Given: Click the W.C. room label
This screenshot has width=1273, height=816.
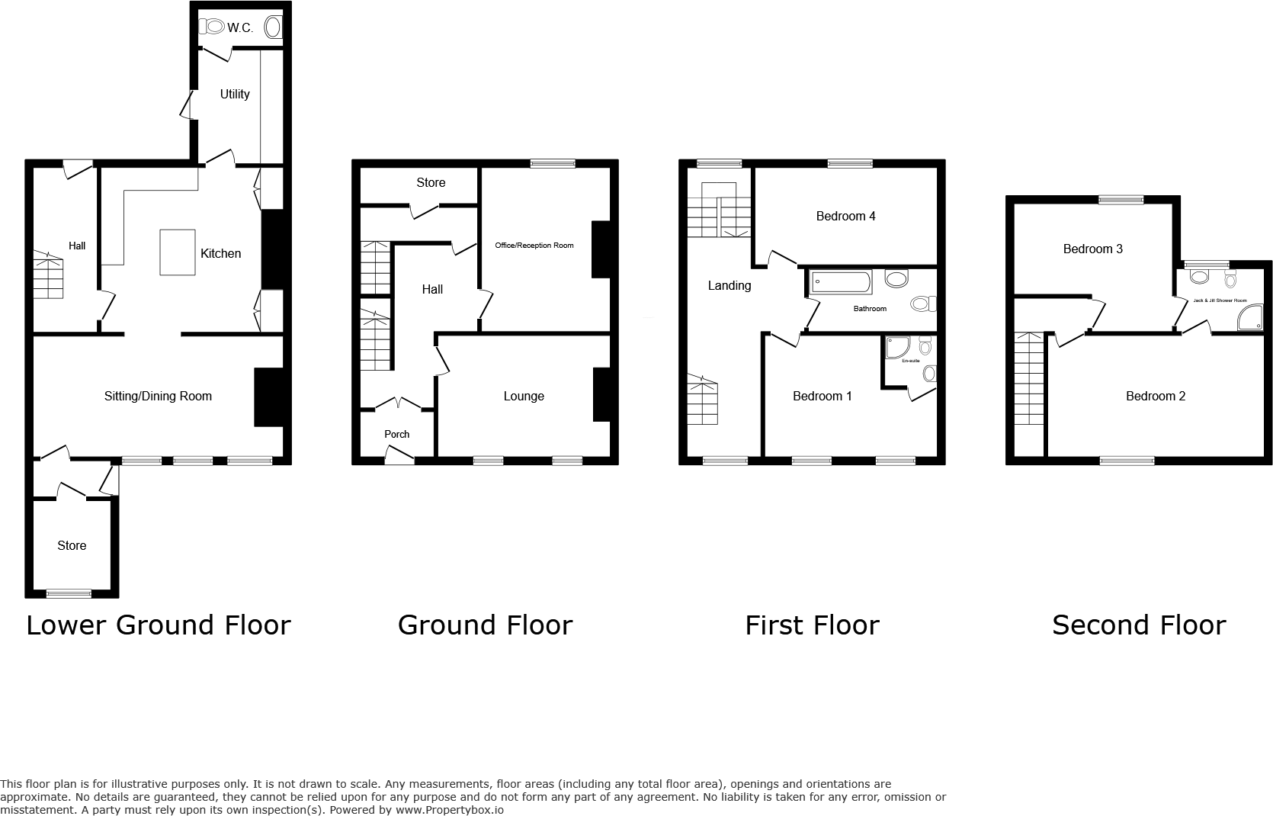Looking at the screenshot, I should (239, 28).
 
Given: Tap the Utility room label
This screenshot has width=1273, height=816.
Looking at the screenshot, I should (235, 94).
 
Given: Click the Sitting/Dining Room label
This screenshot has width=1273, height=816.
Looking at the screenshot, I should (158, 396).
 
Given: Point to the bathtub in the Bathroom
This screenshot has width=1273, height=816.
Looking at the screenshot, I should (840, 284).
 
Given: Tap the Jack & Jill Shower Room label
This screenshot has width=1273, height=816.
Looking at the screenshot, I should (1220, 300).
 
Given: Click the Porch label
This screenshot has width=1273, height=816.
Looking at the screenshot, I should (396, 434).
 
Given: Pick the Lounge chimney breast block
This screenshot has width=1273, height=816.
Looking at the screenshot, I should (601, 394).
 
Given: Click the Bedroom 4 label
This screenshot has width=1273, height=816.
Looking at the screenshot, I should (845, 216).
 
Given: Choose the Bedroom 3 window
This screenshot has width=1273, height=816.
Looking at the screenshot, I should (1121, 200).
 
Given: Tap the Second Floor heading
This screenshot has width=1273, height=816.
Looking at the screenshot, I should (1139, 625).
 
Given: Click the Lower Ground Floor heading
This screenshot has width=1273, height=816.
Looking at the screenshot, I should (159, 625).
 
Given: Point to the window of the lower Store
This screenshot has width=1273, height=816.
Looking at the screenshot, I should (69, 593).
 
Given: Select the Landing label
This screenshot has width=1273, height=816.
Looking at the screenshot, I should (729, 285).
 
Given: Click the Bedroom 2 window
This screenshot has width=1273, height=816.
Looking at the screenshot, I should (1127, 460).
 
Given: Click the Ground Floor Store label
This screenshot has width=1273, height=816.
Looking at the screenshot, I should (431, 182).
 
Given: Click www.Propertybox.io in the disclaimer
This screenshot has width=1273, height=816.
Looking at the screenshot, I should (451, 810).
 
